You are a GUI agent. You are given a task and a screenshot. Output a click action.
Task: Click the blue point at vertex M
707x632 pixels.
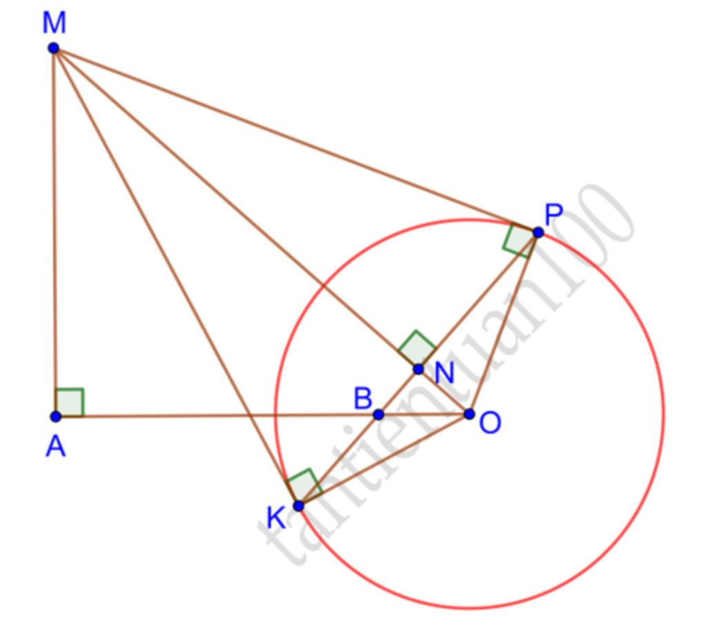pos(53,48)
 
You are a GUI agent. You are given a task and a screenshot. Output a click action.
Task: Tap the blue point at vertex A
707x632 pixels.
pos(56,416)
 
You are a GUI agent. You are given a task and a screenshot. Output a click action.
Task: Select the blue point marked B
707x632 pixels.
pos(378,414)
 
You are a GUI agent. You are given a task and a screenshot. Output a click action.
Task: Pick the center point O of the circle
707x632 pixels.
pos(469,414)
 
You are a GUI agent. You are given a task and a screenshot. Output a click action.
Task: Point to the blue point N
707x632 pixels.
pos(418,370)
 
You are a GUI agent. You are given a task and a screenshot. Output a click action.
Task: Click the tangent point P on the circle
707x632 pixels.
pos(538,233)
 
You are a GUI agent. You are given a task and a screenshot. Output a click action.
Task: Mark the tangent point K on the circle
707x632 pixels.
pos(298,506)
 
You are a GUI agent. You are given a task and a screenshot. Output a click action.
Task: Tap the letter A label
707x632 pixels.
pos(55,448)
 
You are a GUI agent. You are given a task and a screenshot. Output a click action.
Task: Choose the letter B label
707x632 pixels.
pos(362,399)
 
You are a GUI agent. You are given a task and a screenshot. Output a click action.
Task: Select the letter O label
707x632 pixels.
pos(490,423)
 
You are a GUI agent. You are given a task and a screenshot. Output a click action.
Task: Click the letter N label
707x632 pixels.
pos(444,374)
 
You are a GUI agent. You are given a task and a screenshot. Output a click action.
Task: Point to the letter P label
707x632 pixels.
pos(554,216)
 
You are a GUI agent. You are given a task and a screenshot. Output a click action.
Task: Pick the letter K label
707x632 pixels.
pos(276,517)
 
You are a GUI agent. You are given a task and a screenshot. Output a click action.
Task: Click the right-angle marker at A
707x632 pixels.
pos(70,403)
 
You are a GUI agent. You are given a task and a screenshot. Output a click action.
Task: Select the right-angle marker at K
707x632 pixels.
pos(304,485)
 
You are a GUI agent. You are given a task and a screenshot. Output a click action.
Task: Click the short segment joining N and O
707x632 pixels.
pos(444,392)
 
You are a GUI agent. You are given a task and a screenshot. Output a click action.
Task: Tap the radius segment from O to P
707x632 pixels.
pos(504,323)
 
